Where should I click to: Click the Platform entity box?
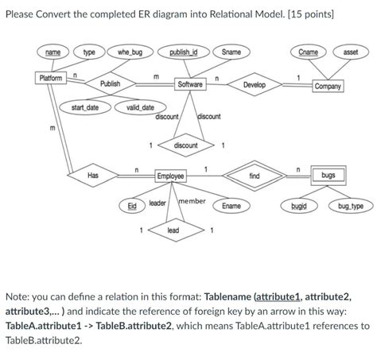pos(50,77)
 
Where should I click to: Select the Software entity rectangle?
pos(190,83)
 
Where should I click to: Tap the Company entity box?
pos(328,86)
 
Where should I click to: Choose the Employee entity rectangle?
pos(170,176)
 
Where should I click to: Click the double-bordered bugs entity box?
pos(328,174)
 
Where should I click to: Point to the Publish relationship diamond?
pos(111,83)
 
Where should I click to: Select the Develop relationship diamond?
pos(255,83)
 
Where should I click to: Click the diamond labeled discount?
pos(185,145)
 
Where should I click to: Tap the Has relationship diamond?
pos(93,175)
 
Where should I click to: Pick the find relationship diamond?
pos(254,175)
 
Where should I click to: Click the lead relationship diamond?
pos(173,230)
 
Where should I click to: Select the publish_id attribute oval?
pos(183,52)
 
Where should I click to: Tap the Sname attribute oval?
pos(231,52)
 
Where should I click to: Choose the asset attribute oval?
pos(350,52)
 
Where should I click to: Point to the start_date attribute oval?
pos(85,107)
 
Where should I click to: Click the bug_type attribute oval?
pos(350,206)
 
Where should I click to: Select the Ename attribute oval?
pos(231,206)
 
